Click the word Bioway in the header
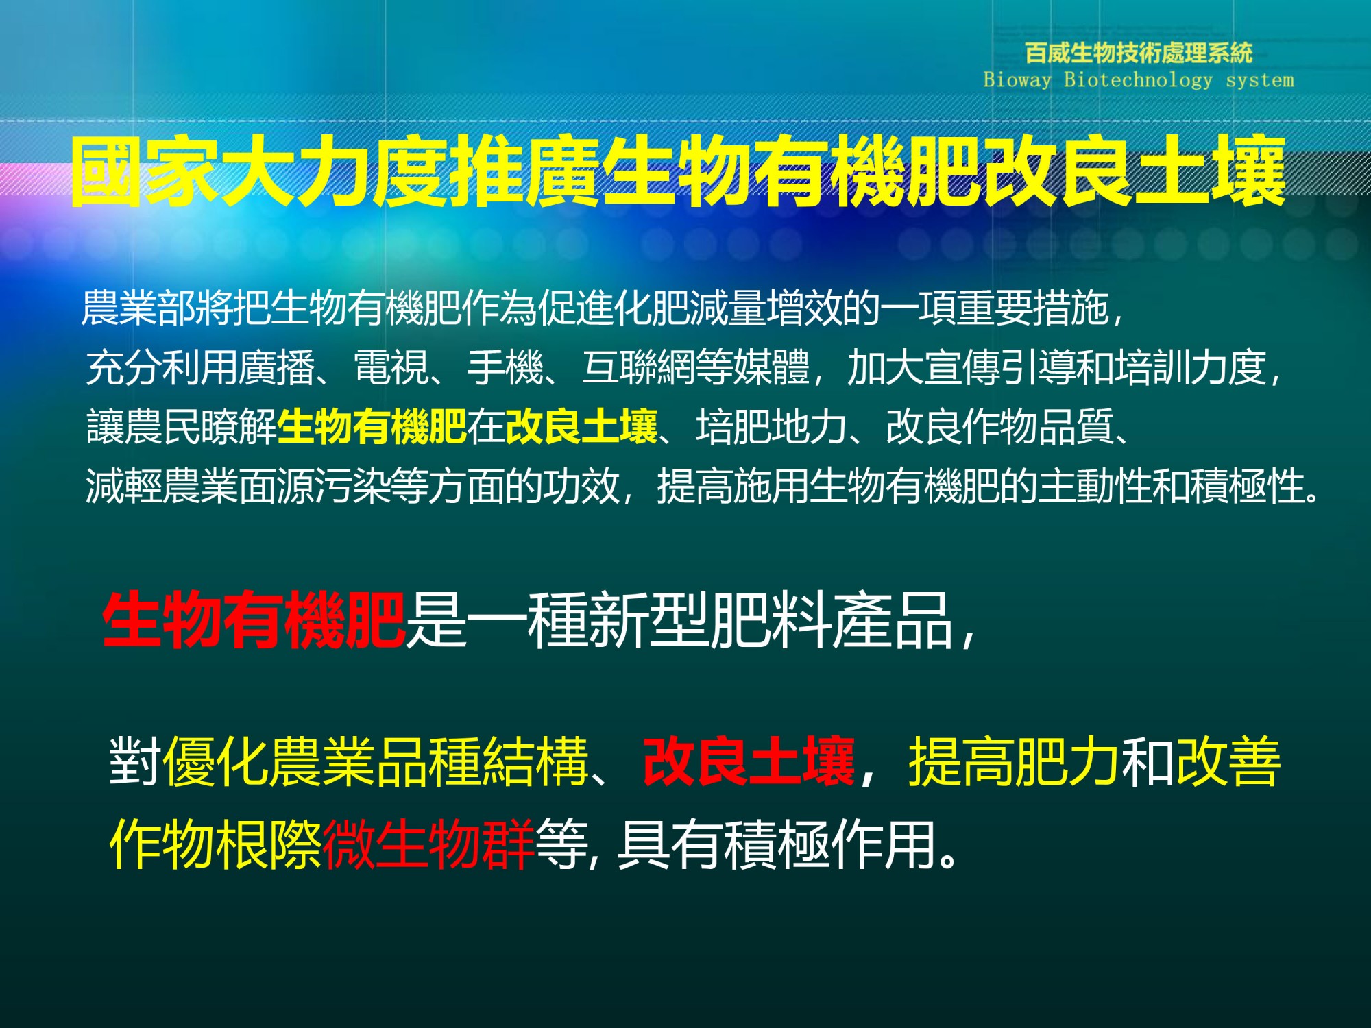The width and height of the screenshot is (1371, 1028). coord(1017,80)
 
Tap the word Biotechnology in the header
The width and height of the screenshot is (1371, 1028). coord(1138,80)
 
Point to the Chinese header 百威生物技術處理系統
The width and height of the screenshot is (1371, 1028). coord(1139,52)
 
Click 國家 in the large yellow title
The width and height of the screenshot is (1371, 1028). coord(145,171)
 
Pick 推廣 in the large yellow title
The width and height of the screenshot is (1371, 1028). coord(525,171)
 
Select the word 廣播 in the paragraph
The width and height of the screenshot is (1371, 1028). coord(276,367)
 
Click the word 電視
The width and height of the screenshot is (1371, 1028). coord(391,367)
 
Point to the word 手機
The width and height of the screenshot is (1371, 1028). coord(505,367)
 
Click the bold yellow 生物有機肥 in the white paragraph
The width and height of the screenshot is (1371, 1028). coord(372,426)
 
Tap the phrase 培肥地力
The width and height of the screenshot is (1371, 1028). coord(772,426)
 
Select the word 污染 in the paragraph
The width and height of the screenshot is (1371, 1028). coord(352,486)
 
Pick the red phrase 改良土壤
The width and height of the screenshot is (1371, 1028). coord(749,761)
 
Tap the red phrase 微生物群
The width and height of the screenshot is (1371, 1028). coord(428,844)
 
